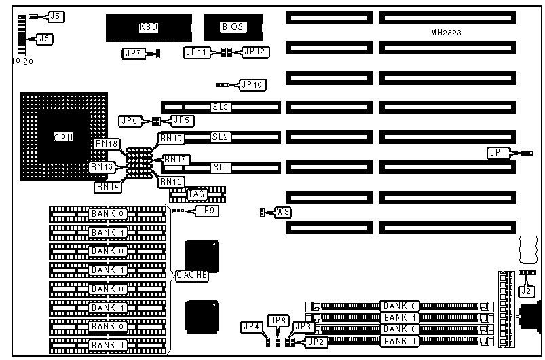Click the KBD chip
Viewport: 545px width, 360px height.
point(149,27)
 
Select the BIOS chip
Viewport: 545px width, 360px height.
point(233,27)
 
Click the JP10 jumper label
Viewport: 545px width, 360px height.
point(254,85)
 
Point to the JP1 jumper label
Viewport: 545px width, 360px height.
point(497,153)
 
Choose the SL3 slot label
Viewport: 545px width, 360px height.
point(221,107)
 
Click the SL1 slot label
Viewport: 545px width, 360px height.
point(221,167)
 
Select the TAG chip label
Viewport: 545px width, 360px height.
point(197,194)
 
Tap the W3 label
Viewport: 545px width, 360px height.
point(283,212)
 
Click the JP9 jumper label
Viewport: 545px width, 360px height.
point(206,211)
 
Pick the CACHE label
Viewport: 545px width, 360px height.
point(191,275)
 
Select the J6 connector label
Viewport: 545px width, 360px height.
point(43,39)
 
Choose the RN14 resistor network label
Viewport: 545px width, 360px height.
point(106,185)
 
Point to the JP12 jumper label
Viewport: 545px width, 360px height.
point(256,51)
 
